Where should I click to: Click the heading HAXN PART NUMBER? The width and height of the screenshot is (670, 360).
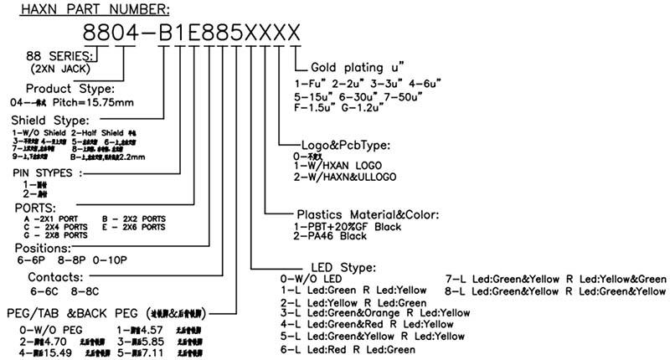93,10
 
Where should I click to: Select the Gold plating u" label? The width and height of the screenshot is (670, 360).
358,67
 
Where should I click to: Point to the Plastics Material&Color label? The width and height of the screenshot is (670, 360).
368,214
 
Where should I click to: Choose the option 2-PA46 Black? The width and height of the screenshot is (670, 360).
330,237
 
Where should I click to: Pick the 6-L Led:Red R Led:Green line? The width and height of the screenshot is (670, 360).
348,348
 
